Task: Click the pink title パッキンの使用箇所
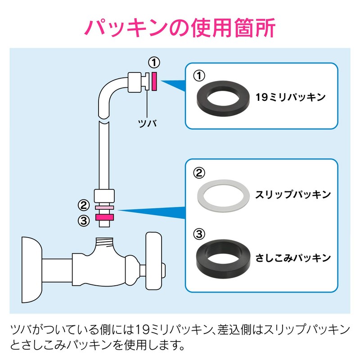[x=180, y=28]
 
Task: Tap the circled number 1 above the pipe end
[x=154, y=62]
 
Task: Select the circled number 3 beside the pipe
[x=84, y=220]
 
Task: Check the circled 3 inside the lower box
[x=198, y=234]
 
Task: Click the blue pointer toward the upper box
[x=173, y=85]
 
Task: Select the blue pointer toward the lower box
[x=153, y=210]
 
